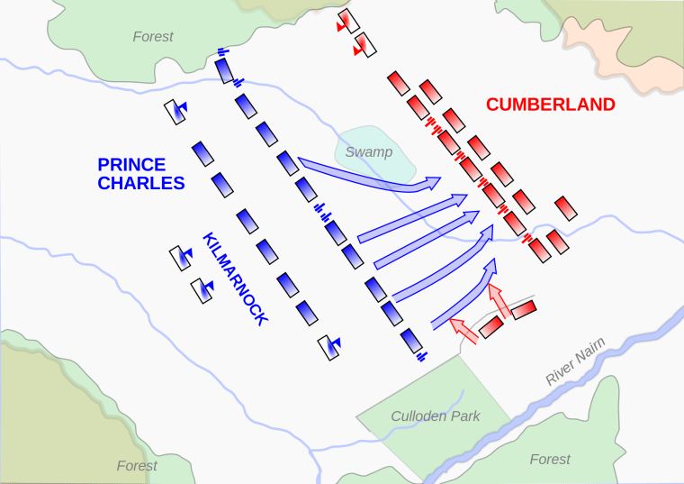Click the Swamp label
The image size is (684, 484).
click(369, 152)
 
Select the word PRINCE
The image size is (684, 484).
click(131, 165)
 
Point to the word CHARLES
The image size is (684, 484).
click(141, 183)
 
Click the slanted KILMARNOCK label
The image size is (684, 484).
click(236, 279)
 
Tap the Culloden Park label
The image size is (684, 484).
click(435, 416)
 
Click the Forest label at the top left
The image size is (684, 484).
click(152, 37)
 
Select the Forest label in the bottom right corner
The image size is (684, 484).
click(550, 460)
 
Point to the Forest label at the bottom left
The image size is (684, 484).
click(137, 466)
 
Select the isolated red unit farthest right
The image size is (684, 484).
click(564, 208)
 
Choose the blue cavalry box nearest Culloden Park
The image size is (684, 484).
click(329, 347)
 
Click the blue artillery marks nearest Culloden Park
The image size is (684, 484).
click(421, 357)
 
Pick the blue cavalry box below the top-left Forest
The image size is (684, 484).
click(175, 112)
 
